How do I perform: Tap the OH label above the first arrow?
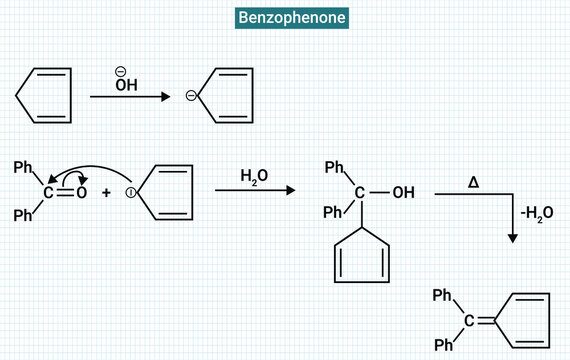126,85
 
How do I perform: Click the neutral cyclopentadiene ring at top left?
46,95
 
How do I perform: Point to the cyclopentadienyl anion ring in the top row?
224,96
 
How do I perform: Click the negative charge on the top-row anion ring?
190,96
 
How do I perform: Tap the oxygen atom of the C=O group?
82,192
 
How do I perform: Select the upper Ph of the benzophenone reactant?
22,167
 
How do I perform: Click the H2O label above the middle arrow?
253,176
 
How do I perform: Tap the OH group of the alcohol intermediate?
402,192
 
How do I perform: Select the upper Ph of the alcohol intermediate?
335,167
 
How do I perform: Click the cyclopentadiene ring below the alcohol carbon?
359,257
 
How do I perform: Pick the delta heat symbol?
473,181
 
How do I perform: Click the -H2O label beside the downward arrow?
538,211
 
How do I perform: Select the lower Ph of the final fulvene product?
443,344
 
